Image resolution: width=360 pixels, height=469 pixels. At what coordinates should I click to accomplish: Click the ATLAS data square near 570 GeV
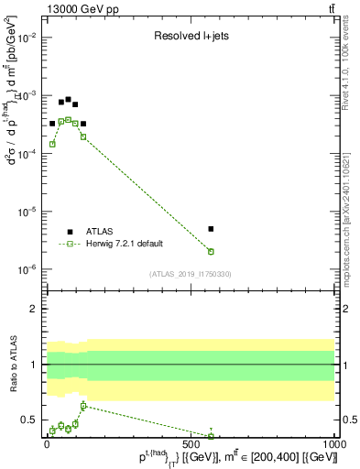(211, 229)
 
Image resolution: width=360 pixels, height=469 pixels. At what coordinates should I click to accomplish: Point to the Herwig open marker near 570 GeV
(211, 251)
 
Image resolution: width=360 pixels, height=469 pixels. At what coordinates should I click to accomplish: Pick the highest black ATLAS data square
(68, 99)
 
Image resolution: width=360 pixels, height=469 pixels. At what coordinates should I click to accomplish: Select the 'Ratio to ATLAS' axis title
(14, 365)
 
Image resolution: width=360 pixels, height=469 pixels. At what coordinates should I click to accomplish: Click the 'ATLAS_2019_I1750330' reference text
(190, 274)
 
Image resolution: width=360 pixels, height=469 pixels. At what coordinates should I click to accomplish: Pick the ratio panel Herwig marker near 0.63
(83, 405)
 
